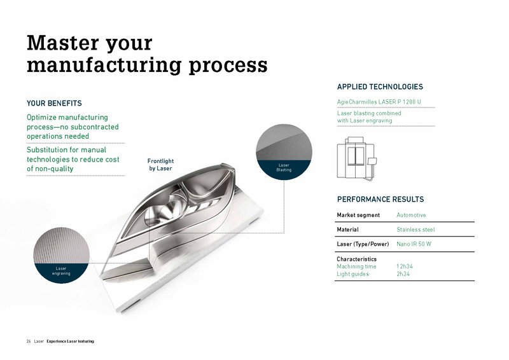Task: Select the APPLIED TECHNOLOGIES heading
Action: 379,87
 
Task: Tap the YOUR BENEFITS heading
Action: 54,103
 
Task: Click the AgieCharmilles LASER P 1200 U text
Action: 378,102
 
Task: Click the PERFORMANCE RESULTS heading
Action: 380,199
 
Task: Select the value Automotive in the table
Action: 411,215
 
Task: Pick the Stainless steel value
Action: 415,230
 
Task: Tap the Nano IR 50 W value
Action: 414,244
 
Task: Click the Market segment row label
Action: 358,215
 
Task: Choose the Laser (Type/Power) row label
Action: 362,244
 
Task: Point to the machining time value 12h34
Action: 405,267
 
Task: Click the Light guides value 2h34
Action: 403,274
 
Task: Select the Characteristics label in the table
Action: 356,259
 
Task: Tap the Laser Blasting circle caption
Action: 283,167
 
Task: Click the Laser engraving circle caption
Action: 61,271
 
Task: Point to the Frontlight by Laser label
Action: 160,165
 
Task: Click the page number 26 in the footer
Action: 29,342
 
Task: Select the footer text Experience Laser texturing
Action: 70,342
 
